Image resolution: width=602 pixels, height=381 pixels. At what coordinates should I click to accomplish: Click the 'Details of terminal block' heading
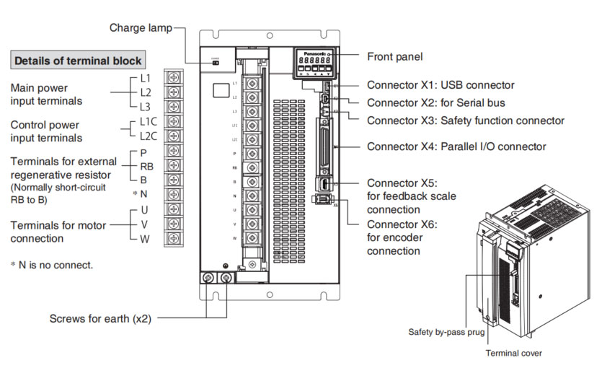[78, 61]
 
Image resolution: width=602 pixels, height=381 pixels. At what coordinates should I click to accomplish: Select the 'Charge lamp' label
[141, 28]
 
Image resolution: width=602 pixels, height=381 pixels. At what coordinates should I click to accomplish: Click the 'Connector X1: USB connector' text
[441, 85]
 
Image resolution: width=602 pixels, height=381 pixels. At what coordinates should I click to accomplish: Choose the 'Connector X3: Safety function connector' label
[465, 121]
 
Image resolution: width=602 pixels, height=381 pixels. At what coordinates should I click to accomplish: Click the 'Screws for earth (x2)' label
[100, 318]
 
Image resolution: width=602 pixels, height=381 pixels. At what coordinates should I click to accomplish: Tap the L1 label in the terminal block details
[146, 77]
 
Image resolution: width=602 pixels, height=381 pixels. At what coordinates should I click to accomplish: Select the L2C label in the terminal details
[149, 135]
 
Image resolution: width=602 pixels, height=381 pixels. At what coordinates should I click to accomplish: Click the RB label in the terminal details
[147, 165]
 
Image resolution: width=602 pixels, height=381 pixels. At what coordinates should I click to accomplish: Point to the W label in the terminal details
[146, 238]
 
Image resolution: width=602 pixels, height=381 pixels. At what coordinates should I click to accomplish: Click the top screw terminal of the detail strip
[173, 77]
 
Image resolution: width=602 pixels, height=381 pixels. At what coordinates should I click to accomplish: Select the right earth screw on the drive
[227, 279]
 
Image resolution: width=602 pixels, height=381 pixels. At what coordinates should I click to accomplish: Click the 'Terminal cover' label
[513, 354]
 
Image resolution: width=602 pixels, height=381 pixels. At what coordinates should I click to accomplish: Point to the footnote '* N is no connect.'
[51, 265]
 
